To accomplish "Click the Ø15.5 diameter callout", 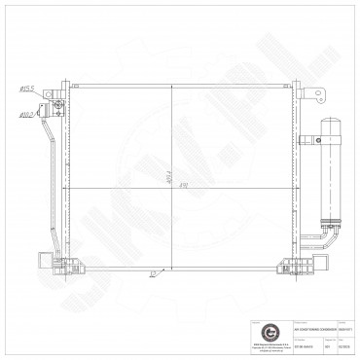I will [x=26, y=90].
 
